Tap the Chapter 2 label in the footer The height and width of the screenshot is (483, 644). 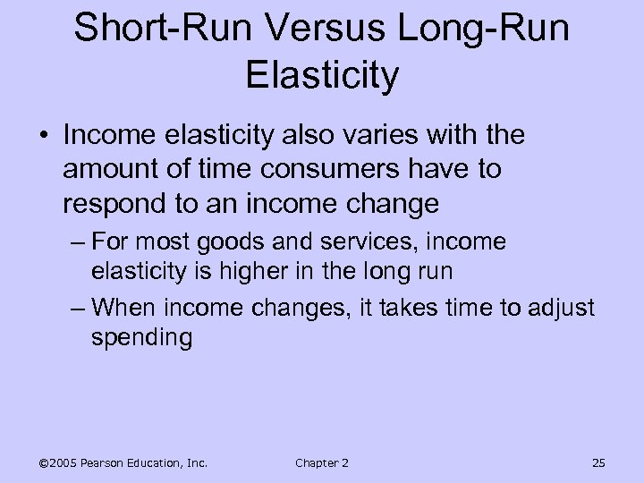pos(322,462)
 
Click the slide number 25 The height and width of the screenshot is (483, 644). pos(598,462)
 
